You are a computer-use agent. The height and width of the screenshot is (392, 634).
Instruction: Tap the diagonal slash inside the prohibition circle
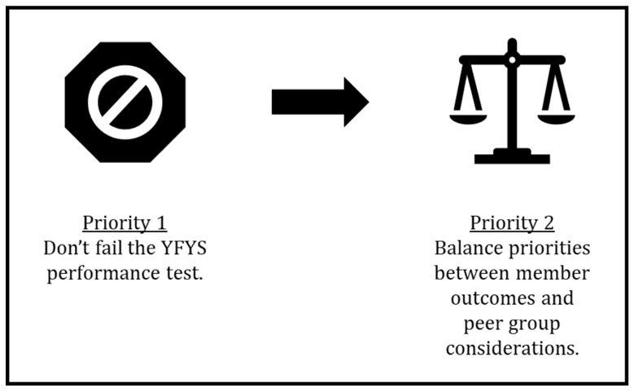click(x=125, y=102)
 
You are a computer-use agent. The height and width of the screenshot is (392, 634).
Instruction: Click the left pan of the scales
click(x=468, y=119)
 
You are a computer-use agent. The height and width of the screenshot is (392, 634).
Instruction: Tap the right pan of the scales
click(x=556, y=119)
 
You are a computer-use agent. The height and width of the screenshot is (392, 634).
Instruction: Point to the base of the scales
click(x=512, y=156)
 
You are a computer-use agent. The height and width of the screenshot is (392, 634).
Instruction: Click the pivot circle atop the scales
click(x=512, y=59)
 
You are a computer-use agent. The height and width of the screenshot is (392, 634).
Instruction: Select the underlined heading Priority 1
click(x=125, y=223)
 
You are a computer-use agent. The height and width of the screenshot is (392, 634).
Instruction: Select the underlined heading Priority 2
click(x=512, y=223)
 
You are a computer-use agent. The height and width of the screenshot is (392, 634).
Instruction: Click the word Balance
click(x=467, y=248)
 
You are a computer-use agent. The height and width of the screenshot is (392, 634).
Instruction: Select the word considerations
click(x=512, y=349)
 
